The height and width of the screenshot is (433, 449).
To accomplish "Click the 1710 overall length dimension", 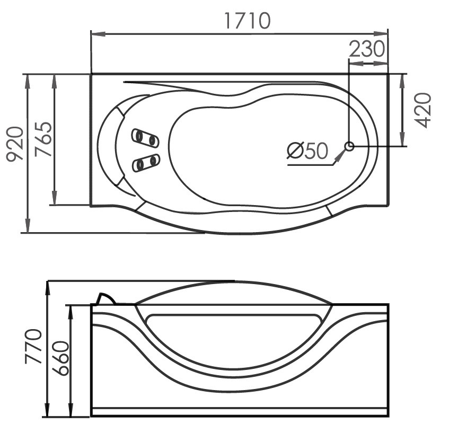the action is coord(247,20).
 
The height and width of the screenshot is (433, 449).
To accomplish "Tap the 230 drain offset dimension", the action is coord(367,49).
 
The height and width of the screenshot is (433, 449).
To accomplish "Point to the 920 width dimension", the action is coord(15,144).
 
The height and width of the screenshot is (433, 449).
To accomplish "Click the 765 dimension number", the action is coord(43,139).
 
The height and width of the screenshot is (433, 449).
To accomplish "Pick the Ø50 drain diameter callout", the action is coord(307,151).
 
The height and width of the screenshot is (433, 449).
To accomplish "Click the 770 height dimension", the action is coord(33,346).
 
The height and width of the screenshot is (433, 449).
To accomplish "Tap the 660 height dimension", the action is coord(61,358).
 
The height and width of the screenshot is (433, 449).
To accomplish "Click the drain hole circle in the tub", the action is coord(349,146).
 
